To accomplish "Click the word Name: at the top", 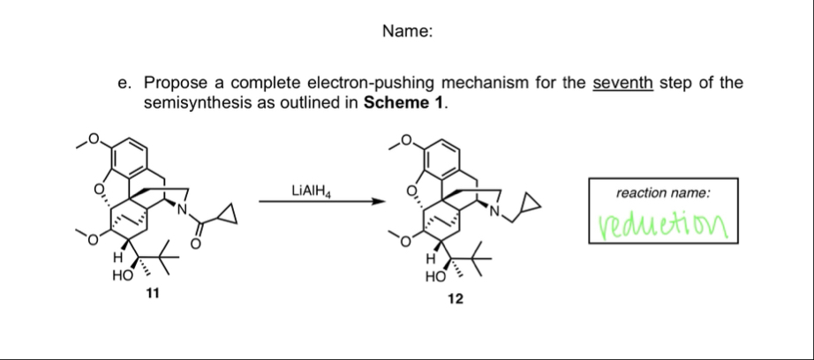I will pyautogui.click(x=407, y=32).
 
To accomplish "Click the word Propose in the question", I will pyautogui.click(x=172, y=84).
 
